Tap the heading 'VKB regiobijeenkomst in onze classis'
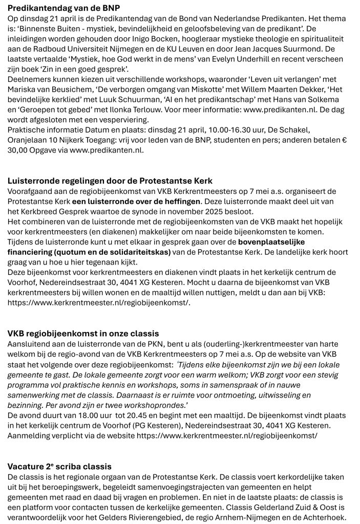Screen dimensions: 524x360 (83, 334)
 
